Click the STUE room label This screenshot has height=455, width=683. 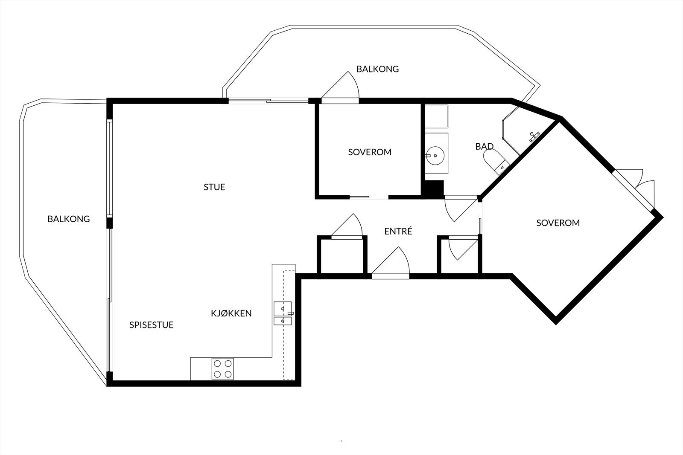(x=214, y=187)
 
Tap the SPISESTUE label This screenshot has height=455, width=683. (x=151, y=325)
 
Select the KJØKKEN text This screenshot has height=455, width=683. (x=231, y=313)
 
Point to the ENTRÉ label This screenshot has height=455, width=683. (x=398, y=232)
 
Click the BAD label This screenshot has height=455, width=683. (x=484, y=147)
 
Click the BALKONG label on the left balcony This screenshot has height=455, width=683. (x=68, y=219)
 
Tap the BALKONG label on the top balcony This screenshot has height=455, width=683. (x=377, y=69)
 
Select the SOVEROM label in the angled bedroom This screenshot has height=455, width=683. (x=557, y=223)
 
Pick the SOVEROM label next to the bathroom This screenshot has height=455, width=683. (x=369, y=152)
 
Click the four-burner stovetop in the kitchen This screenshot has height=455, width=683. (x=223, y=369)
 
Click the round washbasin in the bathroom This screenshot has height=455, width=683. (x=435, y=156)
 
